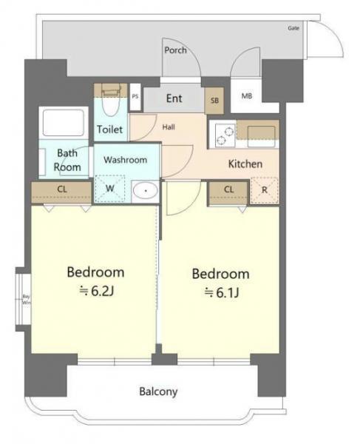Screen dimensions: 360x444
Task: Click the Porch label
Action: point(175,50)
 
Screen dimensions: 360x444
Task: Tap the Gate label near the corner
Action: point(293,28)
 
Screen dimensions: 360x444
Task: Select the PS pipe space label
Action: point(135,96)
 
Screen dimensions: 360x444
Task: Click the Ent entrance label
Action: point(174,98)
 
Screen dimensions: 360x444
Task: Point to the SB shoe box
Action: point(214,100)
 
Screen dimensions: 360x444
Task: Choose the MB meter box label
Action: point(247,96)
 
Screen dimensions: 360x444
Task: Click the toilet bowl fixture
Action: point(110,102)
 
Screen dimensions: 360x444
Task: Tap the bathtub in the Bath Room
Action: point(64,123)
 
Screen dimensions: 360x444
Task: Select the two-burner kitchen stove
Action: point(225,135)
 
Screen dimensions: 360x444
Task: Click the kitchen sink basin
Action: point(261,136)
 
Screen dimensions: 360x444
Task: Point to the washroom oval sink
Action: point(146,191)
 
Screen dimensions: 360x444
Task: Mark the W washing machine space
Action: point(110,188)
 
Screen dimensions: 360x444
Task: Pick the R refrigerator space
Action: point(265,190)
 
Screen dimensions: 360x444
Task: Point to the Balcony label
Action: point(158,392)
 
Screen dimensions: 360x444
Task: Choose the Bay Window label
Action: point(26,299)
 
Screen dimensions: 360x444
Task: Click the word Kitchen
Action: point(245,164)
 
